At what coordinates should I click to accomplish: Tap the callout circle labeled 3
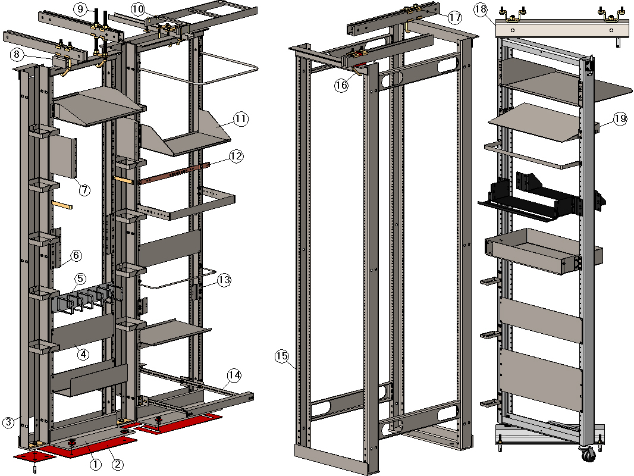click(8, 422)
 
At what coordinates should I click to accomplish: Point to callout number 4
click(83, 354)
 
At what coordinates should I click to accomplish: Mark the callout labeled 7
click(84, 190)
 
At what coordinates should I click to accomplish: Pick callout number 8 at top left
click(17, 54)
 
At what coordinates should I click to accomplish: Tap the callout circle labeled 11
click(240, 119)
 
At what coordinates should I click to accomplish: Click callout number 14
click(234, 375)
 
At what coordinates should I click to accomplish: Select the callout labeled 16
click(341, 85)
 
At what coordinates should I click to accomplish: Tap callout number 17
click(455, 18)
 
